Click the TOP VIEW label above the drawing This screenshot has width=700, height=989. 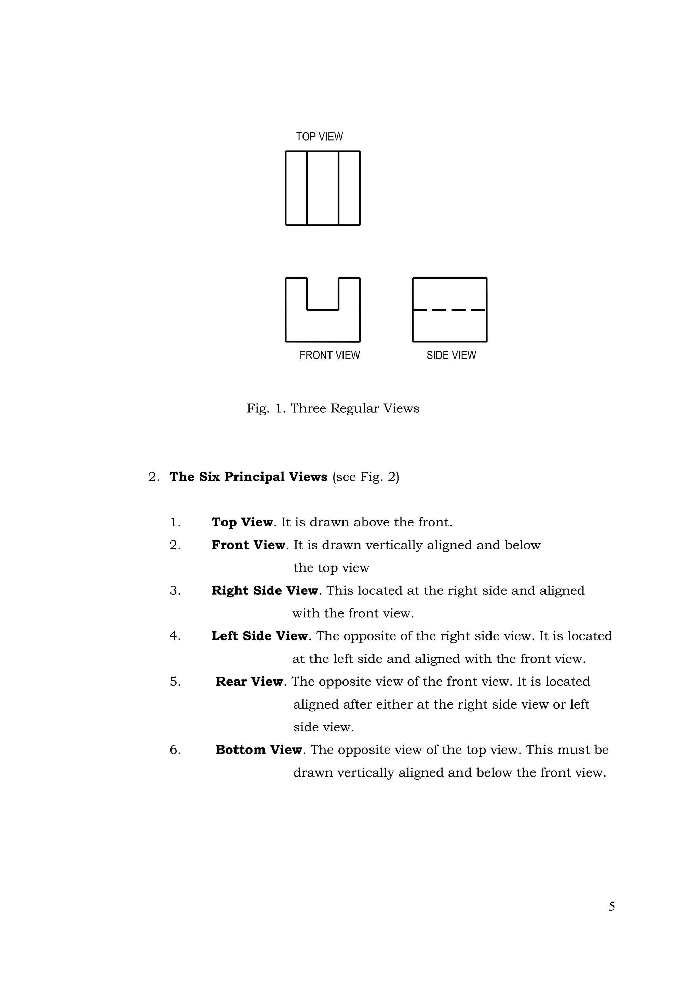click(319, 137)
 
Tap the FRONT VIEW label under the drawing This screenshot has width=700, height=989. click(330, 355)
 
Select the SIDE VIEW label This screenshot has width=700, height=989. click(451, 355)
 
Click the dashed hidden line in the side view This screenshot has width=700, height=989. click(449, 310)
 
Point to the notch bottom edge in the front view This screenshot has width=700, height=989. click(322, 309)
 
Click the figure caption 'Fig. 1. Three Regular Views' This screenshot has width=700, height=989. click(333, 408)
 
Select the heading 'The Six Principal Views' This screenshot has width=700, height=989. click(248, 477)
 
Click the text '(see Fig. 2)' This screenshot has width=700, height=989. click(365, 477)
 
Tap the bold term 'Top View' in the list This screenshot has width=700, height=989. click(242, 522)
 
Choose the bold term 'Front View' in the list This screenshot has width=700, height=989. click(248, 545)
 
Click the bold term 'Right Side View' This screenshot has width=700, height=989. click(265, 591)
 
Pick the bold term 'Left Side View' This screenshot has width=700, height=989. click(259, 636)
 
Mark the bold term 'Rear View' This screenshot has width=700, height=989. click(249, 682)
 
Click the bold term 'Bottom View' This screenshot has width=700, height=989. click(259, 750)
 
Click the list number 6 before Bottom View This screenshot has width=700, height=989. click(175, 750)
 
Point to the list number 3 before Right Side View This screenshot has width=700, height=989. click(175, 591)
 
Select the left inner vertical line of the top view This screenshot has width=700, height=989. click(307, 188)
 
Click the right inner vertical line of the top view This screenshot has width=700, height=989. click(339, 188)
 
